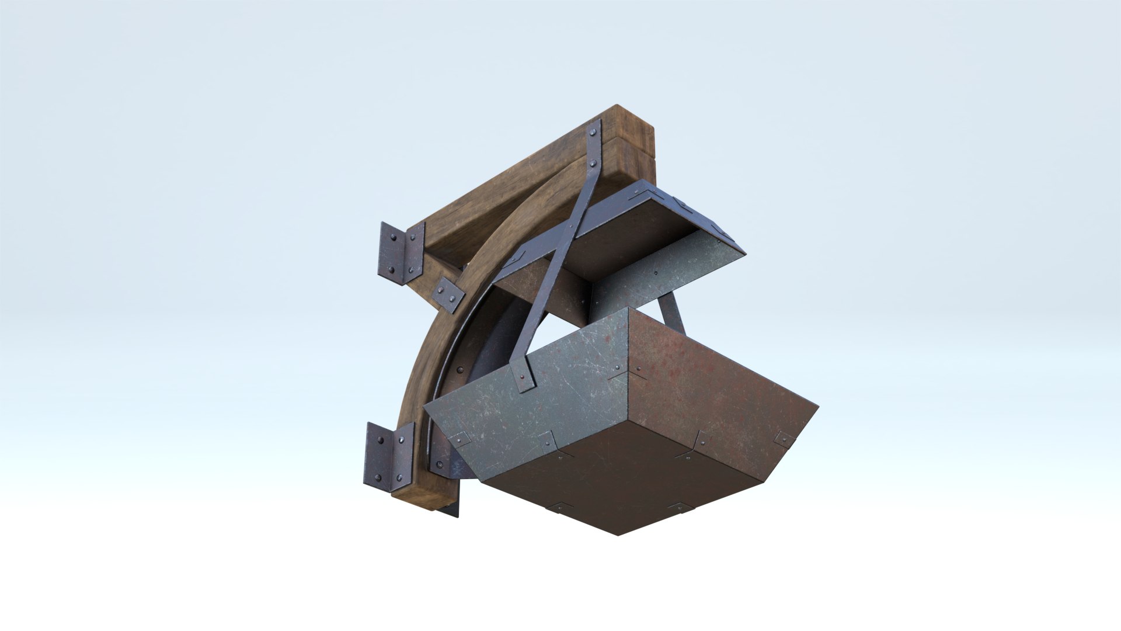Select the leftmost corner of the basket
tap(426, 407)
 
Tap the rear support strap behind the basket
tap(673, 313)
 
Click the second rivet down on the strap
tap(594, 164)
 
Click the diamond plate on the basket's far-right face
tap(784, 438)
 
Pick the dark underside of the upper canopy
tap(631, 234)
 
